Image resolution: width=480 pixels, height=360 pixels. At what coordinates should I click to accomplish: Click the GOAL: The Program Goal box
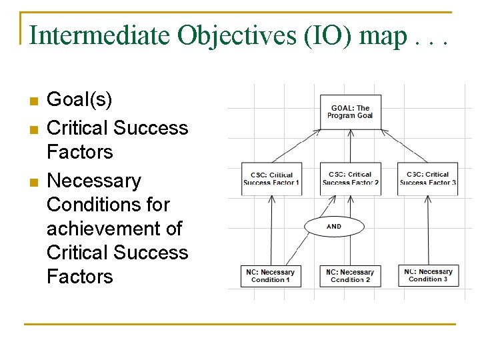350,112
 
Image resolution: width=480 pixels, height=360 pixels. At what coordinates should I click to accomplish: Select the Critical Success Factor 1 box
271,179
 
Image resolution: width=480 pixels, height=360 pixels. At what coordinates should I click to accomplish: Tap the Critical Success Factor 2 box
350,179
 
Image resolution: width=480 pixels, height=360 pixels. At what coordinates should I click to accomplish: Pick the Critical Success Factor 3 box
427,179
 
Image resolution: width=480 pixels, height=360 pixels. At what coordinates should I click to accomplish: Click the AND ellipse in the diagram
334,227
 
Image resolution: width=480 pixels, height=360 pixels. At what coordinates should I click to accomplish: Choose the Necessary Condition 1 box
271,276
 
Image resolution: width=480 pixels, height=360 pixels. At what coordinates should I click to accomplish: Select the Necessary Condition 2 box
350,276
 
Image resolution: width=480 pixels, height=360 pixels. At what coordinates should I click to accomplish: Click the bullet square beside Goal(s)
33,102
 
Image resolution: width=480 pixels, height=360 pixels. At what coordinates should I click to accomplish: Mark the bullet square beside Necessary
33,182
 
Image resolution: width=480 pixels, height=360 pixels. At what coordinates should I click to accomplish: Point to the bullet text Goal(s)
79,100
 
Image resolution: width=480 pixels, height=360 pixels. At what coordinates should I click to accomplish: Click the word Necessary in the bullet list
94,181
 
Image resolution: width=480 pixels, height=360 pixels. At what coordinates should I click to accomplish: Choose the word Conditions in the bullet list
108,205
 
